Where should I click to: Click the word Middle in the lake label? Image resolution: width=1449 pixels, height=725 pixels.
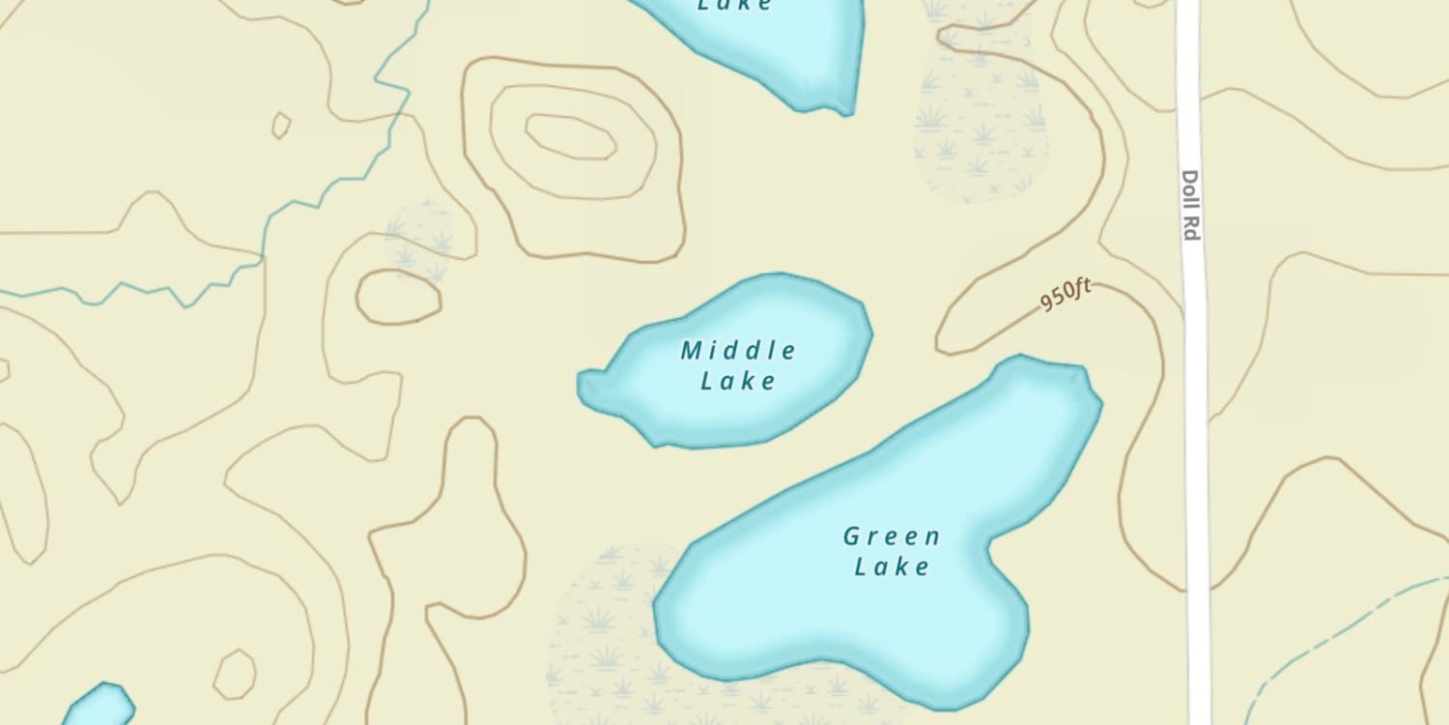739,350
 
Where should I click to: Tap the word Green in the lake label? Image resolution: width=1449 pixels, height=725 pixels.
892,536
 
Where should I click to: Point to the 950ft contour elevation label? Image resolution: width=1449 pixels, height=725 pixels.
1065,294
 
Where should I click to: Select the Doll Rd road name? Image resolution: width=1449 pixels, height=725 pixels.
1190,205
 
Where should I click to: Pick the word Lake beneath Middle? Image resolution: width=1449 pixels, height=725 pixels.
739,381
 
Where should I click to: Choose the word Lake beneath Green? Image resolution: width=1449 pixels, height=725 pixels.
892,566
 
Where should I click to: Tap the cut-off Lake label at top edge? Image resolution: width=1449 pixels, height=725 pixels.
735,6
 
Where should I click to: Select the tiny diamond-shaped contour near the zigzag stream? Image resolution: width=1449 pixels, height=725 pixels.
281,126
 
